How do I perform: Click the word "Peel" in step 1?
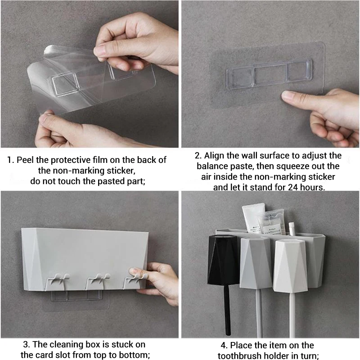25,160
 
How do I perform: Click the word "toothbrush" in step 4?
241,356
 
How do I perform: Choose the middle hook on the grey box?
98,281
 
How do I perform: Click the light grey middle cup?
256,262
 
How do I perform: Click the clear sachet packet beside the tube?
271,221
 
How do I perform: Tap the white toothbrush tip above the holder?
291,228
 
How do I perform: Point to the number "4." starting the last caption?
224,346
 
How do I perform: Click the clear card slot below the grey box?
76,296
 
